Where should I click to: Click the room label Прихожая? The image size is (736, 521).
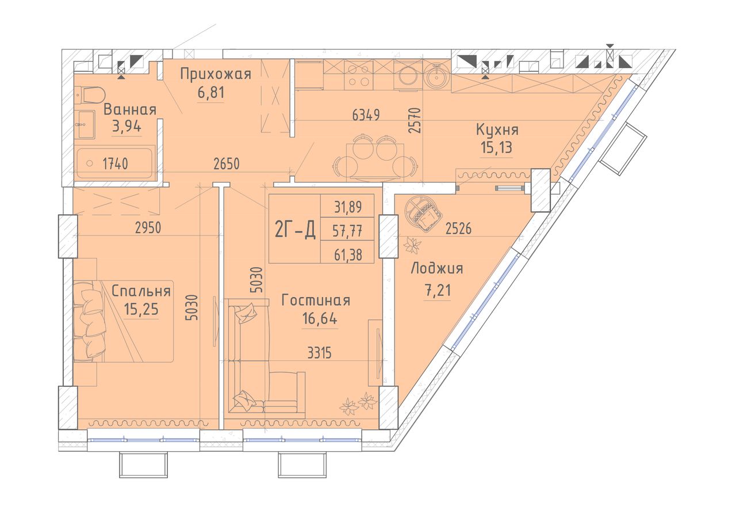[x=216, y=75]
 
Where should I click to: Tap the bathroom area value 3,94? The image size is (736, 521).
[x=126, y=126]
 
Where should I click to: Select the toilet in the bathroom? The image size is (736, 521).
[x=90, y=94]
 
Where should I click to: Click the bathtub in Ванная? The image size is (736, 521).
[x=114, y=163]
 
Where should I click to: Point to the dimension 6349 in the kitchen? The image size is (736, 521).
[x=366, y=115]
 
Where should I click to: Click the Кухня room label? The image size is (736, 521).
[x=497, y=130]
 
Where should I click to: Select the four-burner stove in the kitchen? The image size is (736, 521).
[x=358, y=75]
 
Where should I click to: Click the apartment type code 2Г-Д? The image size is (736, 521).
[x=295, y=229]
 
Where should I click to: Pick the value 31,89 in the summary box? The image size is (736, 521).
[x=348, y=207]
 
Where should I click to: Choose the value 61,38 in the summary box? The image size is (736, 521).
[x=348, y=254]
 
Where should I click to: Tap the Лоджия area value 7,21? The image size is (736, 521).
[x=438, y=290]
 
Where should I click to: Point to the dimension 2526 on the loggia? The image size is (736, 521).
[x=458, y=229]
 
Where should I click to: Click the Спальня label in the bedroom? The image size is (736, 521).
[x=141, y=291]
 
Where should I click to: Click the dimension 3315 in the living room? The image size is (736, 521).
[x=319, y=353]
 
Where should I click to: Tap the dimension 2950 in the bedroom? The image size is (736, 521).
[x=148, y=227]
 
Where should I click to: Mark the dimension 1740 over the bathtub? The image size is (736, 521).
[x=116, y=163]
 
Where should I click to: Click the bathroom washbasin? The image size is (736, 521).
[x=85, y=125]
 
